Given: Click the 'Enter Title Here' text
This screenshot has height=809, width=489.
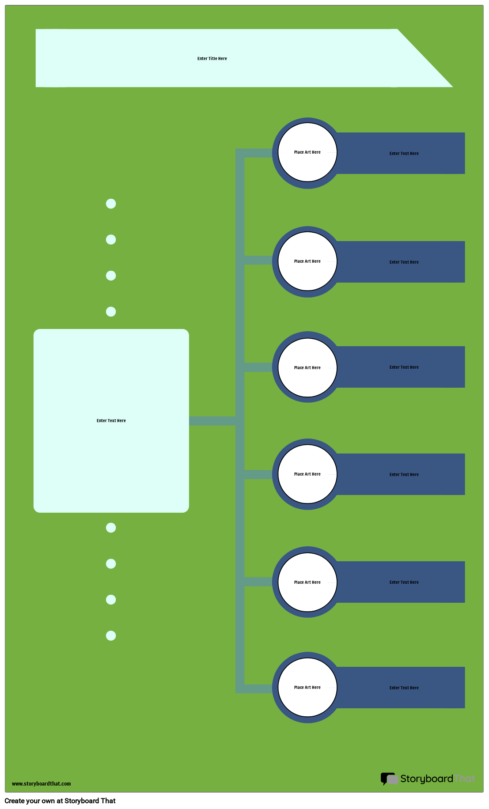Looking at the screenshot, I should tap(212, 59).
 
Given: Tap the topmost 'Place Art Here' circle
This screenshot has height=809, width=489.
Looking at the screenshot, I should tap(307, 152).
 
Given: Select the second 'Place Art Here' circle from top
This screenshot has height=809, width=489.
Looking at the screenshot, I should tap(307, 261).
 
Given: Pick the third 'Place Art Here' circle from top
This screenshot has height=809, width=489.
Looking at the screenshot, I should tap(307, 367).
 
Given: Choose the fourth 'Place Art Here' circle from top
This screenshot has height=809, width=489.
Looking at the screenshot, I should tap(307, 474).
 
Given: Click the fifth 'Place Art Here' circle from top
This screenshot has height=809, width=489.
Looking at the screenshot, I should tap(307, 582).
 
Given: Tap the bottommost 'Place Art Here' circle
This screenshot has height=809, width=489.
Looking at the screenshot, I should tap(307, 687).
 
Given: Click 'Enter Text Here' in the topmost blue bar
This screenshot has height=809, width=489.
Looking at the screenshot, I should tap(404, 154).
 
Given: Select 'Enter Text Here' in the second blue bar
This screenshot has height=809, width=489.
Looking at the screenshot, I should tap(404, 262).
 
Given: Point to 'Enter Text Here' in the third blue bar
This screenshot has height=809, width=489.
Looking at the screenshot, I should tap(404, 367).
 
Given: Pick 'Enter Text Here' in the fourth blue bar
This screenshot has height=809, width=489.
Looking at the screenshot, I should tap(404, 475).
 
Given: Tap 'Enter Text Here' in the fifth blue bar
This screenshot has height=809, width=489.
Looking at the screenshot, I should tap(404, 582).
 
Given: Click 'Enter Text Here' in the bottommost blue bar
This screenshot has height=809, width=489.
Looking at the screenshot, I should tap(404, 688).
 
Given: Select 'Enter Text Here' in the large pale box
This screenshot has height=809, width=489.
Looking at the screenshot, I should tap(111, 421).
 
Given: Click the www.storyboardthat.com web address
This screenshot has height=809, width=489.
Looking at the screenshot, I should tap(41, 784).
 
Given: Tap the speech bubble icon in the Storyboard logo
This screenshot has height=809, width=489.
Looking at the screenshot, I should tap(389, 779).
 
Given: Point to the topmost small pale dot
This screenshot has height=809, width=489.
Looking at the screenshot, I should tap(111, 204).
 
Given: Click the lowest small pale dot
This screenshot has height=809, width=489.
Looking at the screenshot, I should tap(111, 635).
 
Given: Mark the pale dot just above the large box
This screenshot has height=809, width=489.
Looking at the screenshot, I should tap(111, 312).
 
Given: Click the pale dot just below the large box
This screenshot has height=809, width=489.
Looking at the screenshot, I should tap(111, 528).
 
